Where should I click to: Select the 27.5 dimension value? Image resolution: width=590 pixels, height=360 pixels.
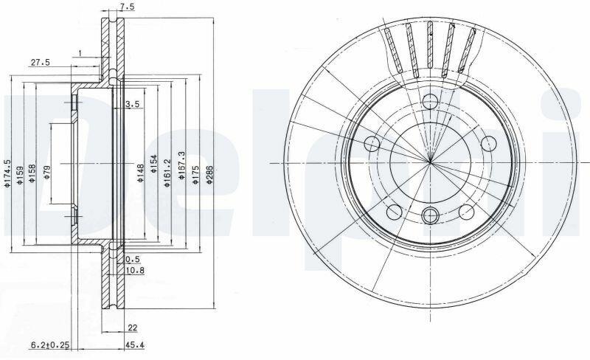coord(41,63)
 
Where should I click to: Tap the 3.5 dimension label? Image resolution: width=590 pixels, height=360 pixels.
coord(133,104)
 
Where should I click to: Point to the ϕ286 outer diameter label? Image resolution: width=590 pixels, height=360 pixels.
coord(209,174)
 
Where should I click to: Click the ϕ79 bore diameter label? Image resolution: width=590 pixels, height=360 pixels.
coord(46,171)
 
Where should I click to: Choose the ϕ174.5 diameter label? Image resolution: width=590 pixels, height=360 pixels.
coord(7,173)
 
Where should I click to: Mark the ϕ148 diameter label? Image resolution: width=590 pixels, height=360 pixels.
coord(140,173)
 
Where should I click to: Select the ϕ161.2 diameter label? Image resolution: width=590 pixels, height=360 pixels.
coord(167,173)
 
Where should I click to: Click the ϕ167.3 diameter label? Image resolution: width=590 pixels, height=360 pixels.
coord(181,165)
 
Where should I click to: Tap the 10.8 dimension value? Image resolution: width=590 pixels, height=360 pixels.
coord(135,270)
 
